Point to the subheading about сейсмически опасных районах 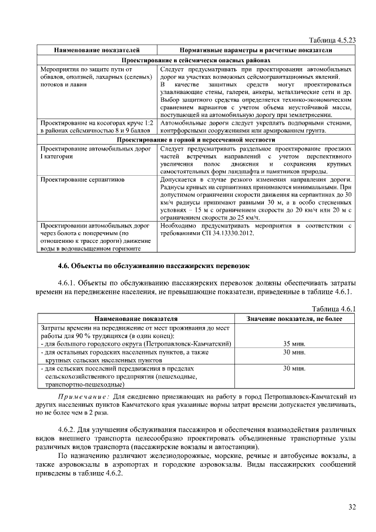click(196, 60)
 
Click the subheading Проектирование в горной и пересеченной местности click(196, 140)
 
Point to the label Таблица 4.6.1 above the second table click(334, 309)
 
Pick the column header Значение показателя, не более click(294, 318)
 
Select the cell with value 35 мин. click(294, 343)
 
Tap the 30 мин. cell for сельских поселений click(294, 368)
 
